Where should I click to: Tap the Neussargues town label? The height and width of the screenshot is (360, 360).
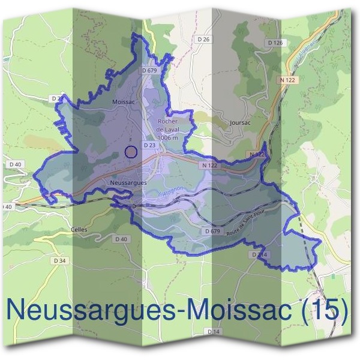[129, 181]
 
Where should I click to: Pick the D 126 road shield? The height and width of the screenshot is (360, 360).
[275, 43]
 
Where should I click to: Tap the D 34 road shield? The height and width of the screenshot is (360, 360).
[60, 260]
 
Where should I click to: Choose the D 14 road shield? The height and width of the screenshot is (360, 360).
[214, 331]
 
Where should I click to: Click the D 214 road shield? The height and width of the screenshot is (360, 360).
[259, 255]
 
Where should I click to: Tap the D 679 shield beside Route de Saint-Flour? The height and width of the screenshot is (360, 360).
[212, 230]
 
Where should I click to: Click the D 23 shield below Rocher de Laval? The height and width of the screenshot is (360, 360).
[149, 145]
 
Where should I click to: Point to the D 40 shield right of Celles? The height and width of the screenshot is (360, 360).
[121, 239]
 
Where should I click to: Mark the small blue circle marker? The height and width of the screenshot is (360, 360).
[131, 152]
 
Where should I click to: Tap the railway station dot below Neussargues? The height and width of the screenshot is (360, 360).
[134, 206]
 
